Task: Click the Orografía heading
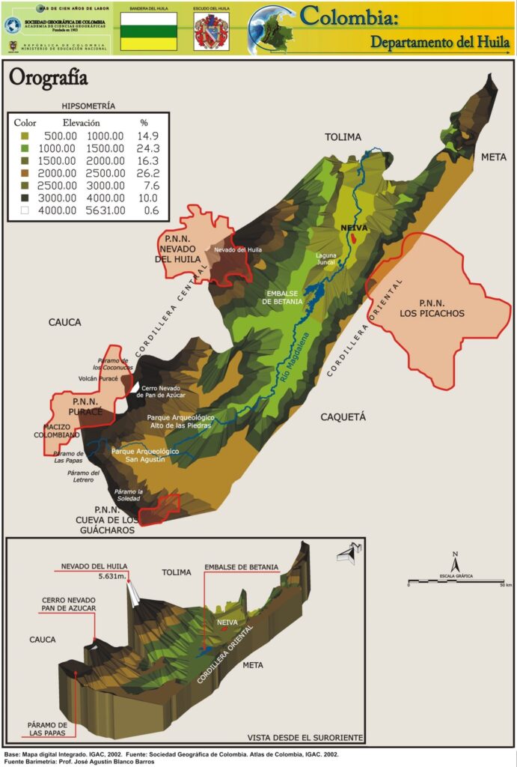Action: (x=48, y=78)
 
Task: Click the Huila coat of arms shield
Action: (x=211, y=33)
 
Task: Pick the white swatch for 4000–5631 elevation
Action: (x=24, y=210)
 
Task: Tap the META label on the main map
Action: (x=493, y=157)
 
